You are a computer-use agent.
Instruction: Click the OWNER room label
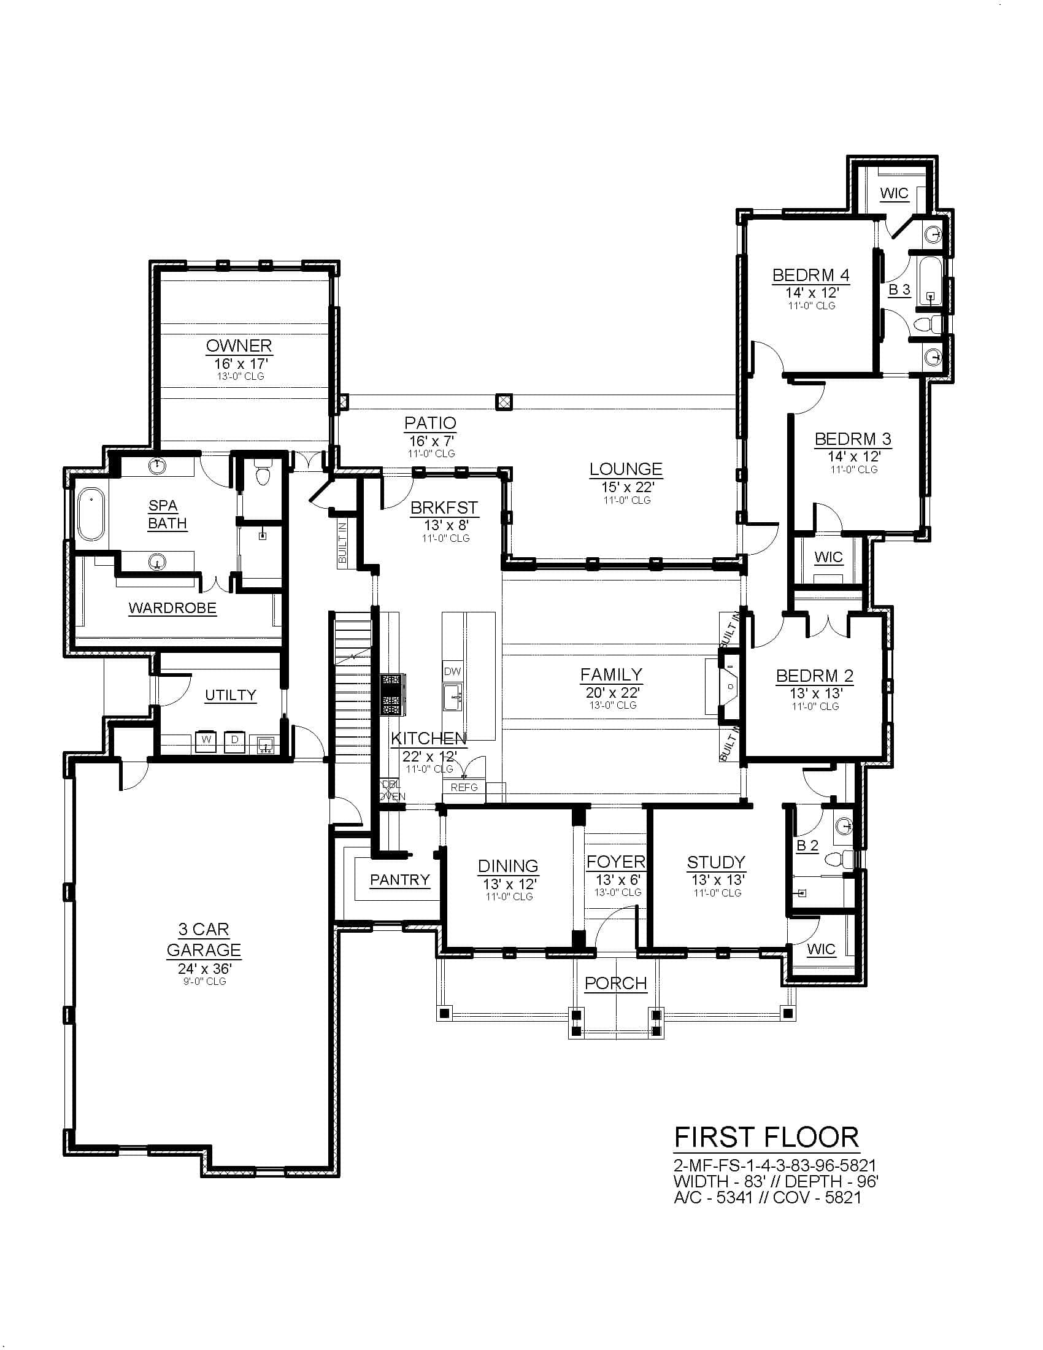239,345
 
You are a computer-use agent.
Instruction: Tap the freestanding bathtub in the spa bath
91,514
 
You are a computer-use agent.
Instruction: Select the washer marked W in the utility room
206,741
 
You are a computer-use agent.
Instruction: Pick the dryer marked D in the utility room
234,741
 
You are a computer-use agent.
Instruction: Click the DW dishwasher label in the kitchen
452,671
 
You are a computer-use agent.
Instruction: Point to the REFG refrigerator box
464,787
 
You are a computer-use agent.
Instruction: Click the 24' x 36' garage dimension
204,968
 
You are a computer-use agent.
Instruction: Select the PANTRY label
400,879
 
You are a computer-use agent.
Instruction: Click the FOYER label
615,862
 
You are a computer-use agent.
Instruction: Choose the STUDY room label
716,862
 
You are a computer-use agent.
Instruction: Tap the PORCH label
615,983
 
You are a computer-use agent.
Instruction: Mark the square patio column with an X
504,403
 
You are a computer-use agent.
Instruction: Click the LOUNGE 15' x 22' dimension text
626,487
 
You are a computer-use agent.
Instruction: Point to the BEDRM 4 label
810,274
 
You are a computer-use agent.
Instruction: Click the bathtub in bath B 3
931,281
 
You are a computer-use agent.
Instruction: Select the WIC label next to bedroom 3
828,557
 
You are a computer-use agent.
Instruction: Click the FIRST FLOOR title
766,1137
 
